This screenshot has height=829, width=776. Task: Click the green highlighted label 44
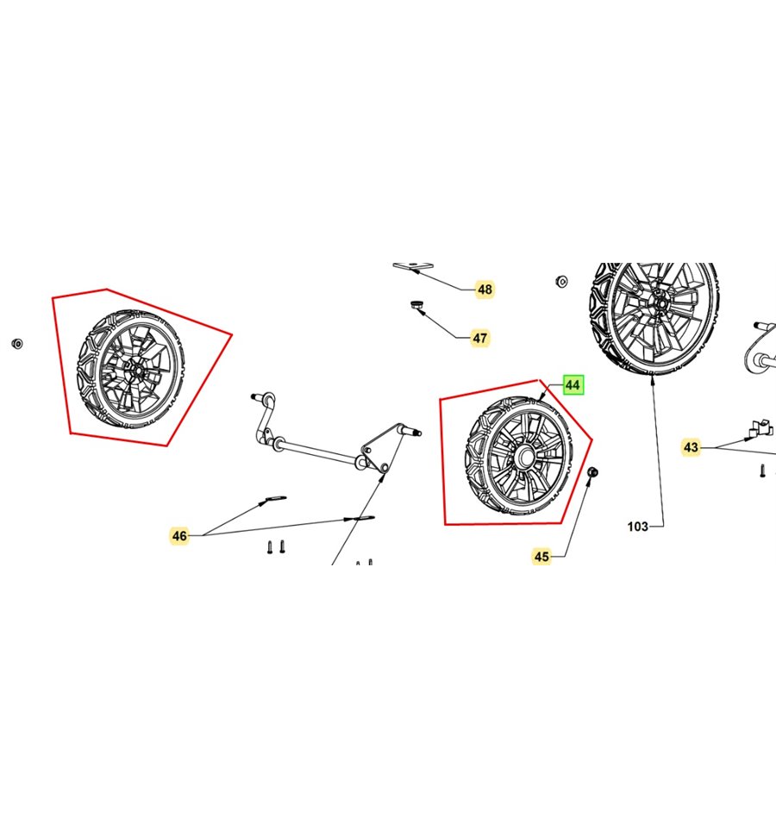pos(573,384)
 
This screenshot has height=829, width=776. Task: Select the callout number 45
pos(541,556)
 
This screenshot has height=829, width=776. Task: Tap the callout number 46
pos(179,535)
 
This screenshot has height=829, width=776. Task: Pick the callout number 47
pos(479,338)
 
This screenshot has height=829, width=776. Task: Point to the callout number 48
pos(485,290)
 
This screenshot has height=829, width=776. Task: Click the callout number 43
pos(691,447)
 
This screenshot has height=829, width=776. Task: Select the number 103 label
pos(637,526)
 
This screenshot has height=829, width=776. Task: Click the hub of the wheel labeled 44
pos(525,455)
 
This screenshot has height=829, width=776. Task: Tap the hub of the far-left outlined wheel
pos(137,370)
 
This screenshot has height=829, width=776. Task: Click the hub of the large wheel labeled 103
pos(659,305)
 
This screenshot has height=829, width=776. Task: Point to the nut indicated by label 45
pos(593,471)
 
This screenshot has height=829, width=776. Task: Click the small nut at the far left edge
pos(17,344)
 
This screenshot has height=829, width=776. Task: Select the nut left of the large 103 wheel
pos(562,281)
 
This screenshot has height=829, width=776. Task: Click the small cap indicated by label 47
pos(416,304)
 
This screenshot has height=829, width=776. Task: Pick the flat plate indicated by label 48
pos(413,266)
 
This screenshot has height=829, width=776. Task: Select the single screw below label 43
pos(762,471)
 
